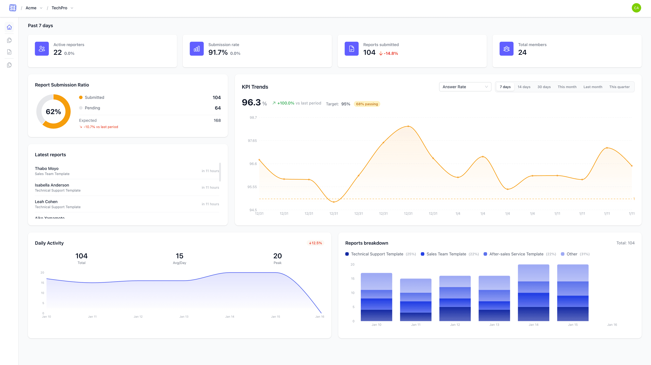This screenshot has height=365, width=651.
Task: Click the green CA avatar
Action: pos(636,8)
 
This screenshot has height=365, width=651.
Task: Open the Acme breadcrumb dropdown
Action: pos(34,8)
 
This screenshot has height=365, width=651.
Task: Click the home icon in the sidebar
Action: pos(9,27)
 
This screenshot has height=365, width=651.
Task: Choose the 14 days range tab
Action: pos(524,87)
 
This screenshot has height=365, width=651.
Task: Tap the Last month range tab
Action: pos(593,87)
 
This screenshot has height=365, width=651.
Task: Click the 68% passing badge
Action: pos(367,104)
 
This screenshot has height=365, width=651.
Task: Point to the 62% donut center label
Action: pos(53,111)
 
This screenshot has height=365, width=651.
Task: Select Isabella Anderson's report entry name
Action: pos(52,185)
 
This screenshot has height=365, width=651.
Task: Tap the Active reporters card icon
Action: pos(42,49)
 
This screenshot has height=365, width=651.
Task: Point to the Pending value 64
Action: pos(218,108)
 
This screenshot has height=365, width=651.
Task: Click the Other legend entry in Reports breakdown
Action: pos(572,254)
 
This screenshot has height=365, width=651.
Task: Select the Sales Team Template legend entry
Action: pos(446,254)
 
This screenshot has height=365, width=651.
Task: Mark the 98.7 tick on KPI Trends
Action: pos(253,118)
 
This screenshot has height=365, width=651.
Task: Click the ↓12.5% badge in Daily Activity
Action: pos(315,243)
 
